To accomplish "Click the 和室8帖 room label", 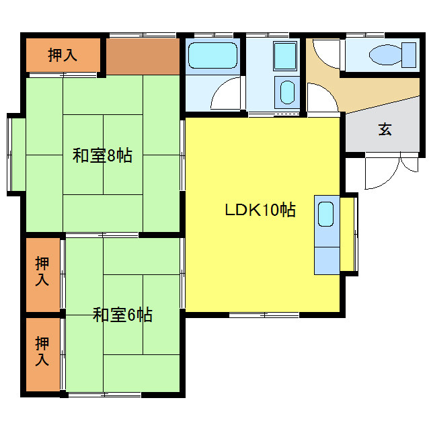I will point(102,156).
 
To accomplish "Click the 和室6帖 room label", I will point(122,314).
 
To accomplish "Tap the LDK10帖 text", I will point(260,210).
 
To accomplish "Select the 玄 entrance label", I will point(385,130).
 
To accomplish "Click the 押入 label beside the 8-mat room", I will point(63,55).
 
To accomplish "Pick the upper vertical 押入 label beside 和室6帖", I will point(42,271).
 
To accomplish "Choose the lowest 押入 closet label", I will point(42,352).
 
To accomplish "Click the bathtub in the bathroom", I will point(212,55).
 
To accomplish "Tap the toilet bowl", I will point(383,54).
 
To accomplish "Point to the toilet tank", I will point(409,54).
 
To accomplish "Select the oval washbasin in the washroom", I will point(287,91).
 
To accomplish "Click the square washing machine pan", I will point(285,56).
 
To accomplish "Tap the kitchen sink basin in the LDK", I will point(325,214).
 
